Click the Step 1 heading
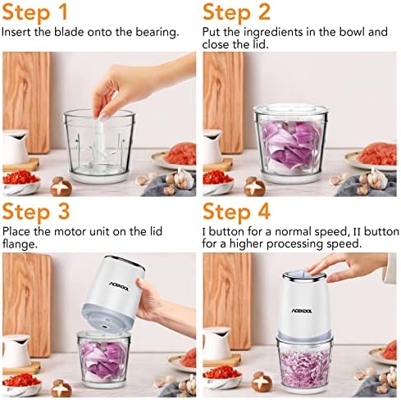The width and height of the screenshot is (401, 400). click(34, 12)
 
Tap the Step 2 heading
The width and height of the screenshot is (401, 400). click(236, 12)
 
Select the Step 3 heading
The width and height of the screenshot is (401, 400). click(36, 211)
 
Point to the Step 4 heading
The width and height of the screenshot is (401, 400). click(236, 211)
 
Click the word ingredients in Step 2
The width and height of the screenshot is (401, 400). click(274, 33)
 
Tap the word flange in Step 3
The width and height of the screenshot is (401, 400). click(20, 243)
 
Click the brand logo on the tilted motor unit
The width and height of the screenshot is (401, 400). click(119, 286)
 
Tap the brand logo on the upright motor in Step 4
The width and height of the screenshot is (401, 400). click(302, 311)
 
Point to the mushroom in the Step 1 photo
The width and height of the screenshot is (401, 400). click(61, 187)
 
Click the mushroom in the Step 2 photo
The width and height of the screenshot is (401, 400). click(255, 187)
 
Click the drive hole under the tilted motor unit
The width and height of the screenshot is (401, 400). click(105, 325)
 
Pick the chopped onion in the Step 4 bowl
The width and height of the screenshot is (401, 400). click(304, 367)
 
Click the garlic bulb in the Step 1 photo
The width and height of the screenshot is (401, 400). click(182, 177)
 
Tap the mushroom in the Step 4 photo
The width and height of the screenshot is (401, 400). click(262, 382)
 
